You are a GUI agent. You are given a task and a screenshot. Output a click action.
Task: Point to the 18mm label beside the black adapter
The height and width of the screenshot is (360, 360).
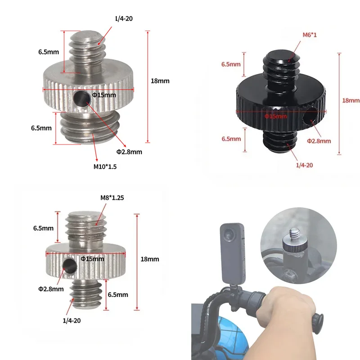(351, 101)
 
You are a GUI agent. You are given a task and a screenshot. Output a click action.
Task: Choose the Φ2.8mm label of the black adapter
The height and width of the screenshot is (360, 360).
(319, 141)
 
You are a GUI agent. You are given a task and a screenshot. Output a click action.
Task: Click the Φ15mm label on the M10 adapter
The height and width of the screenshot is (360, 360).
(104, 95)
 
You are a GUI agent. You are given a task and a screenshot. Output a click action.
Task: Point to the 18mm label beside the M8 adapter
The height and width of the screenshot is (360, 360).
(150, 259)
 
